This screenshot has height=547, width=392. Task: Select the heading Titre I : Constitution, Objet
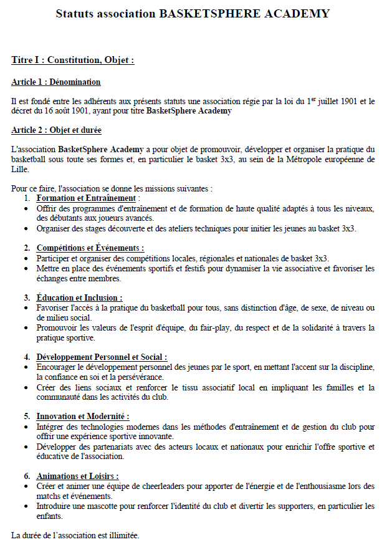[x=73, y=61]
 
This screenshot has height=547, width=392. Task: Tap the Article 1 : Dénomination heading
[x=56, y=82]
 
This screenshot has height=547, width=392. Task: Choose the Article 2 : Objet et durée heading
[x=57, y=130]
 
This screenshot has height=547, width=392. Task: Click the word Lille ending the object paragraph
[x=20, y=169]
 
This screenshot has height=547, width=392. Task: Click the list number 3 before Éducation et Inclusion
[x=27, y=298]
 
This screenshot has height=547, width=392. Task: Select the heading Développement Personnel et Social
[x=102, y=357]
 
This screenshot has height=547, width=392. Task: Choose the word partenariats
[x=96, y=447]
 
